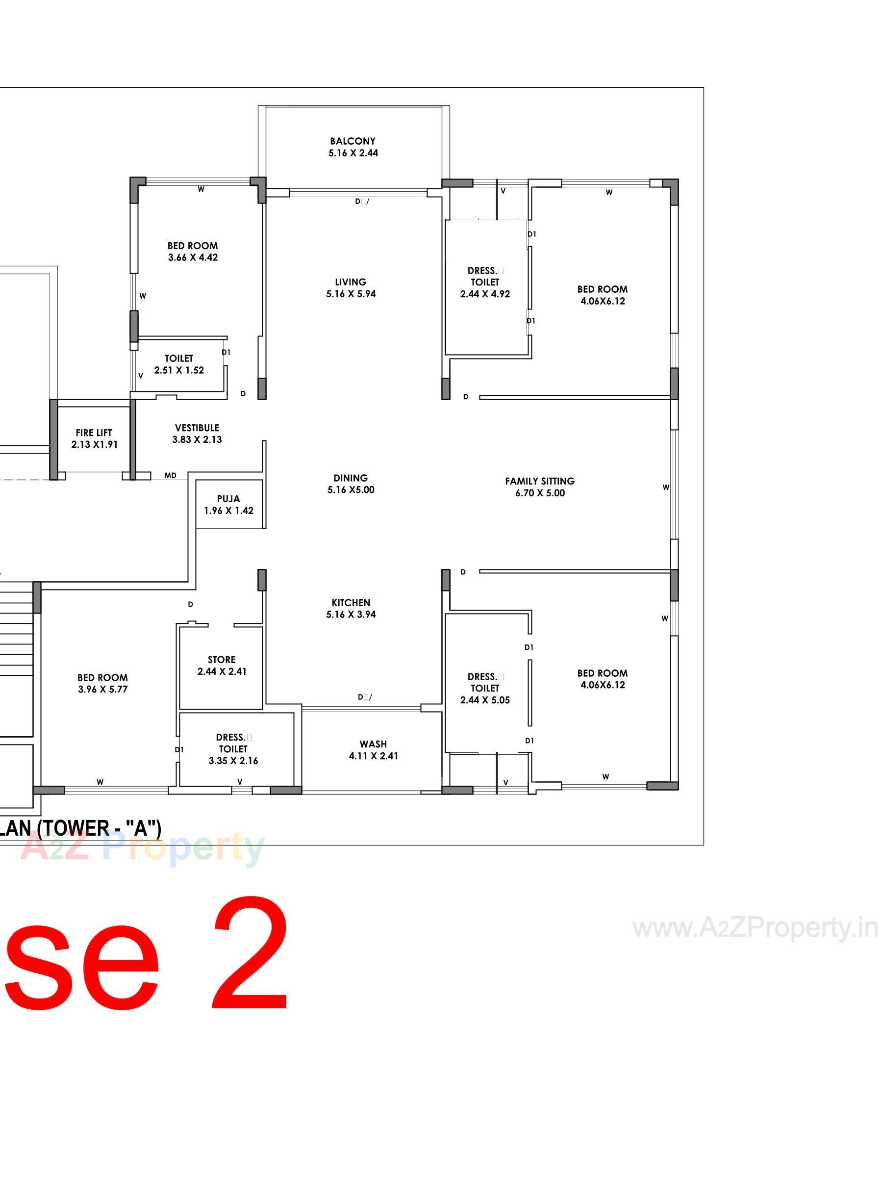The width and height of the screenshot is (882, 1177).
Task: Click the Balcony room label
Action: click(x=352, y=141)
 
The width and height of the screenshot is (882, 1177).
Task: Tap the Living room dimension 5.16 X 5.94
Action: click(x=351, y=294)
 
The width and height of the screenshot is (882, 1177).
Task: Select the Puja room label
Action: click(x=228, y=499)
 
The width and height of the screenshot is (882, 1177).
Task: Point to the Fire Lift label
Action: click(x=94, y=433)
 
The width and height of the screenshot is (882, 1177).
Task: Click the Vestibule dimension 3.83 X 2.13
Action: click(x=197, y=439)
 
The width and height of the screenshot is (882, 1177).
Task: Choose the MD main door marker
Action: click(x=170, y=475)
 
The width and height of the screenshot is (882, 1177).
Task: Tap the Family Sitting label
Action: click(x=539, y=481)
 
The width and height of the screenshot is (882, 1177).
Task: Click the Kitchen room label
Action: click(x=351, y=602)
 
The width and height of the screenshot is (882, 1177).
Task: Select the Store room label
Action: click(x=221, y=659)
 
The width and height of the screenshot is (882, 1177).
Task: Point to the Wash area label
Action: click(x=373, y=744)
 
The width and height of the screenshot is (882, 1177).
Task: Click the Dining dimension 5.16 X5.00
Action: click(x=351, y=489)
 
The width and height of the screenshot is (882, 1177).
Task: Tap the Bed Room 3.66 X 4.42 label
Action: click(x=193, y=246)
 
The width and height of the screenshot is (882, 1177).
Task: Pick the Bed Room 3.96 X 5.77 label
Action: click(x=102, y=677)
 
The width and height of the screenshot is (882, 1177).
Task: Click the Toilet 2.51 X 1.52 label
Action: click(x=179, y=358)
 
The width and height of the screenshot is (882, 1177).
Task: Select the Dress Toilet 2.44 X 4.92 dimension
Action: click(x=484, y=294)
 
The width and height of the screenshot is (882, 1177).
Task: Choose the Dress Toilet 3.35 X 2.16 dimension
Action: click(x=233, y=761)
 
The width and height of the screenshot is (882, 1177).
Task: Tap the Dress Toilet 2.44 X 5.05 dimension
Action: click(x=484, y=700)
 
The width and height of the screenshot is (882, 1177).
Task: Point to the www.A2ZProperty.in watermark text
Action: click(x=755, y=928)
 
